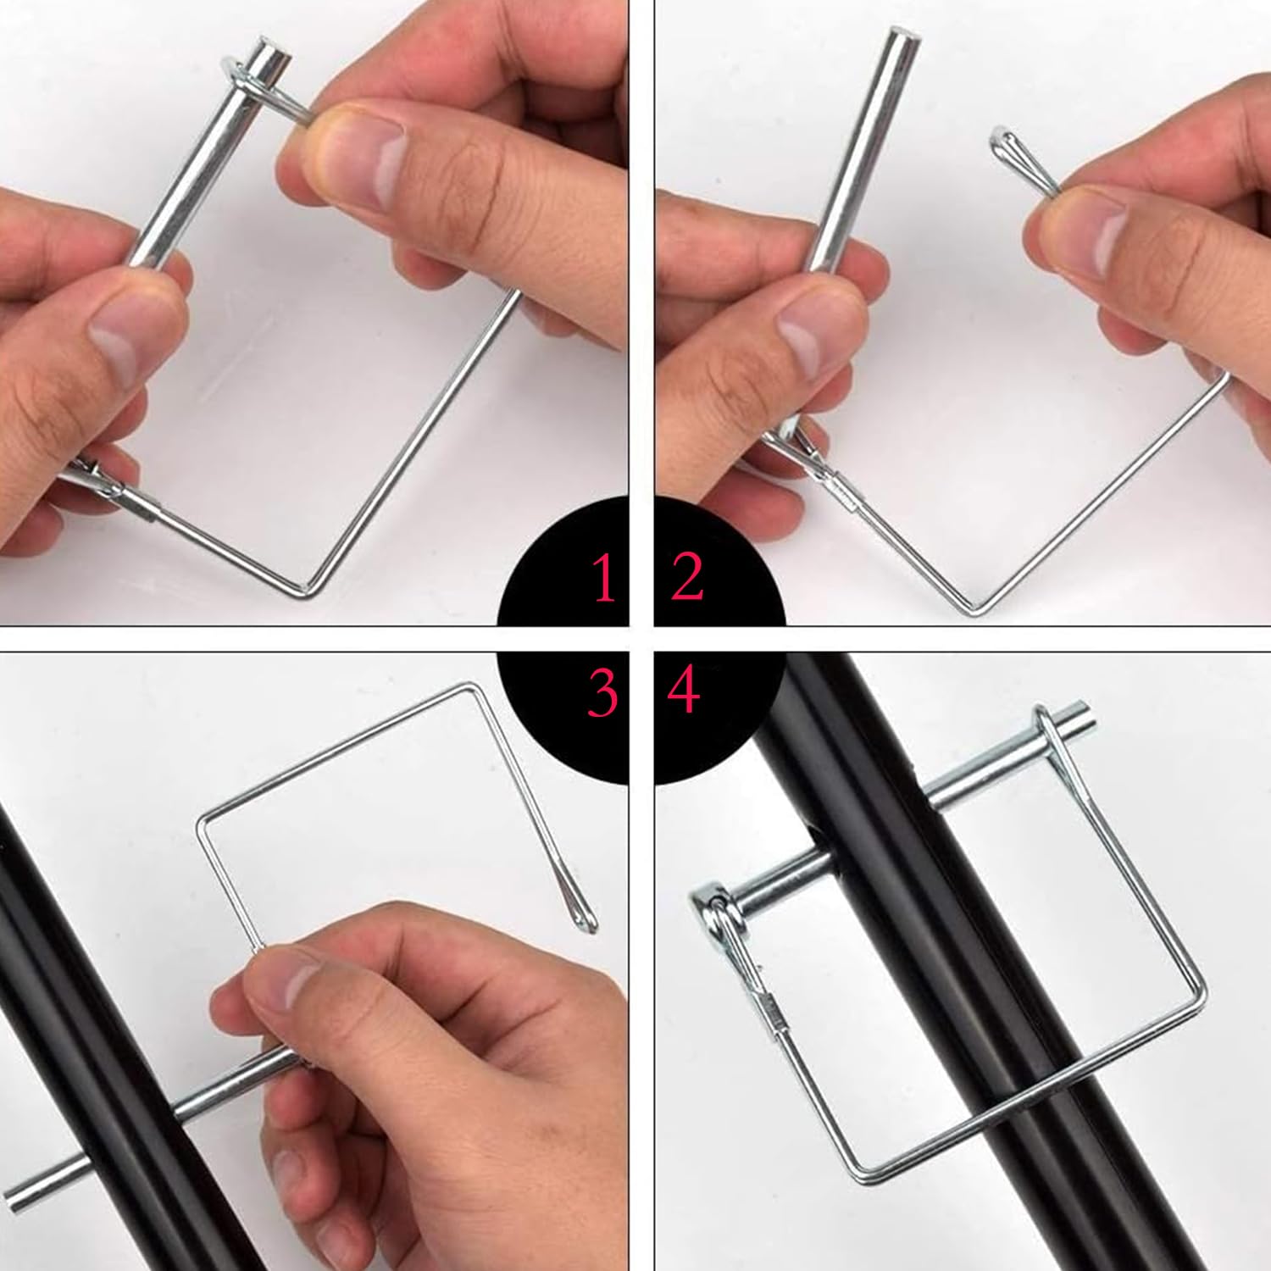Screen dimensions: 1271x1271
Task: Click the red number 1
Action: [604, 579]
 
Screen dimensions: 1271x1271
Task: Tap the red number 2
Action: [687, 577]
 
